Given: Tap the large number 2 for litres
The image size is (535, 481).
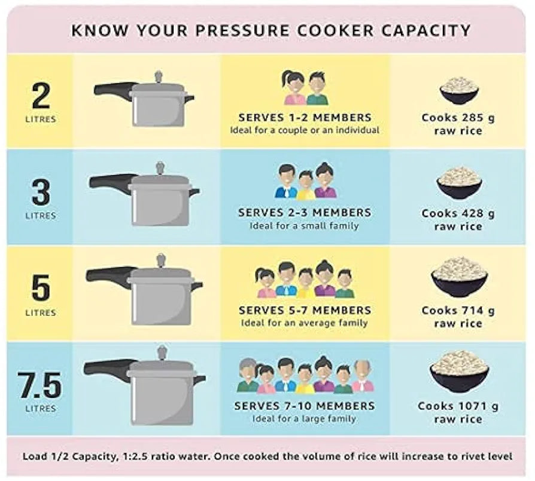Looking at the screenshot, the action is click(41, 96).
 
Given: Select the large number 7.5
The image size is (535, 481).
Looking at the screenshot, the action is click(40, 385).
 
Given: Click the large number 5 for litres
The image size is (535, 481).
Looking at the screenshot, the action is click(41, 288).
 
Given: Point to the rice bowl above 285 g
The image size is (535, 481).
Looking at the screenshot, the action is click(459, 90).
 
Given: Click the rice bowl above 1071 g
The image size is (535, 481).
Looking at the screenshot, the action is click(459, 371).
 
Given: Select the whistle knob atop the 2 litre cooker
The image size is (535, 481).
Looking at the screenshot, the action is click(158, 76).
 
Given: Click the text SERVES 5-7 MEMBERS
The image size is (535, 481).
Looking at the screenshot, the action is click(305, 310).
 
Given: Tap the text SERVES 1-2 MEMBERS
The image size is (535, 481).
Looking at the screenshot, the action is click(305, 118).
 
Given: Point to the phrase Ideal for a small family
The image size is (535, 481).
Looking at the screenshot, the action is click(304, 226).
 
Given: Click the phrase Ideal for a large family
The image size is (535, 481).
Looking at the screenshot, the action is click(304, 418).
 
